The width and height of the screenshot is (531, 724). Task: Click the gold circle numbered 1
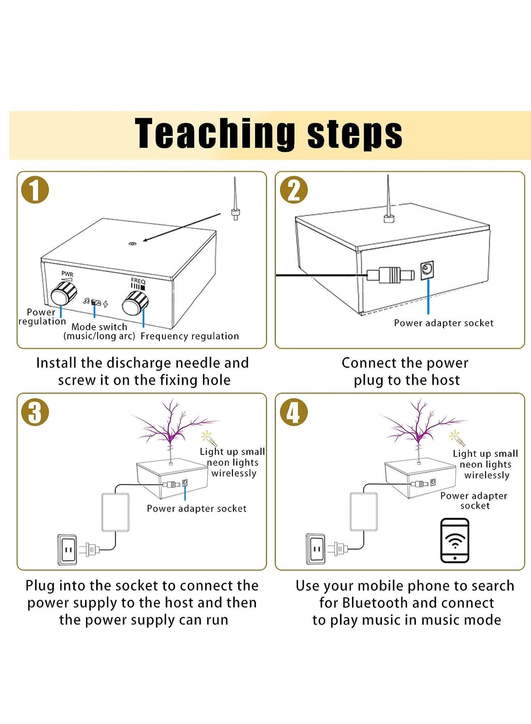[x=35, y=190]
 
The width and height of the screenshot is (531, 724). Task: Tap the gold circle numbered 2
[x=293, y=190]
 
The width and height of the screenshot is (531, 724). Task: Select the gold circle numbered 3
[x=35, y=412]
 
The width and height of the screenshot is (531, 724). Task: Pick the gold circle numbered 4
[x=293, y=412]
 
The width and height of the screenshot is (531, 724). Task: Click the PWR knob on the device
[x=63, y=294]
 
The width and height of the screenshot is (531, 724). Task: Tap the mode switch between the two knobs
[x=96, y=303]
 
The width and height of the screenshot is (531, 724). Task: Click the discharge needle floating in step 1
[x=235, y=201]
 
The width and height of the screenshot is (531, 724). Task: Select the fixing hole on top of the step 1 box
[x=132, y=244]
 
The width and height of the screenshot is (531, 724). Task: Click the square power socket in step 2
[x=427, y=270]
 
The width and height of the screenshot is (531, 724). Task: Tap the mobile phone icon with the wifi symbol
[x=455, y=540]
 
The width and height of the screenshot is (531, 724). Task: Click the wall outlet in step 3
[x=68, y=550]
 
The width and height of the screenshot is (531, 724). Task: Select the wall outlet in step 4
[x=316, y=549]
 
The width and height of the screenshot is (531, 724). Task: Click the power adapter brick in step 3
[x=116, y=512]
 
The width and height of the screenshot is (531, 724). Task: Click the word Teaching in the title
[x=215, y=133]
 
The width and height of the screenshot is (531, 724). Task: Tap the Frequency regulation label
[x=190, y=336]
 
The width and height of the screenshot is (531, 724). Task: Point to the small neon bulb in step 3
[x=209, y=438]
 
